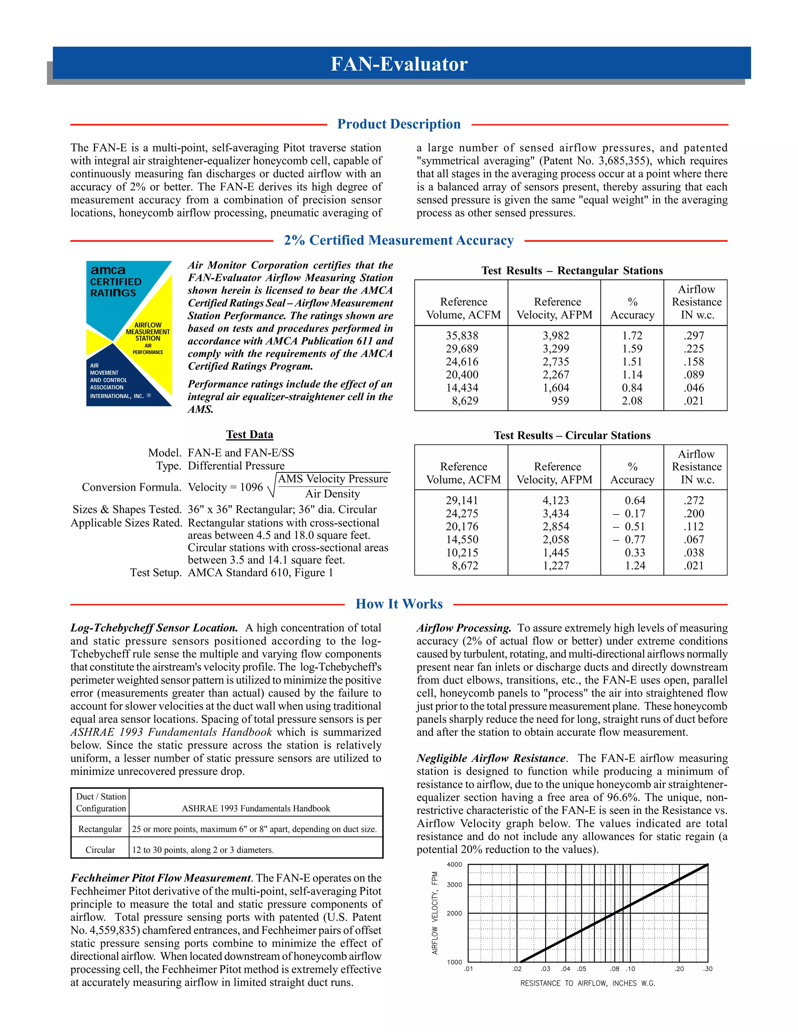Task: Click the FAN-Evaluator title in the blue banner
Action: (x=399, y=64)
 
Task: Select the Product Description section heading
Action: (x=399, y=124)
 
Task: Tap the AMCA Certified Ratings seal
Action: (x=129, y=333)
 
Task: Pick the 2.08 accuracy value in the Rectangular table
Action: (x=632, y=401)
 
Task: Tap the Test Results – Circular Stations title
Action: (x=572, y=435)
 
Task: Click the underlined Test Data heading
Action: (x=250, y=434)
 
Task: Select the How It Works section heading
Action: (x=399, y=604)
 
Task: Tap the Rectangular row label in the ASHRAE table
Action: (x=100, y=829)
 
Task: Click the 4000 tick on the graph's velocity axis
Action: (x=454, y=865)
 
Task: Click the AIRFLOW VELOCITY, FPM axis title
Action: (x=435, y=913)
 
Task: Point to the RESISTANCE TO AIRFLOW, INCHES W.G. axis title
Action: (x=588, y=983)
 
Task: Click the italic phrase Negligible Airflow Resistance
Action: (x=491, y=758)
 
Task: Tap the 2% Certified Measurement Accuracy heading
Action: (x=399, y=241)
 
